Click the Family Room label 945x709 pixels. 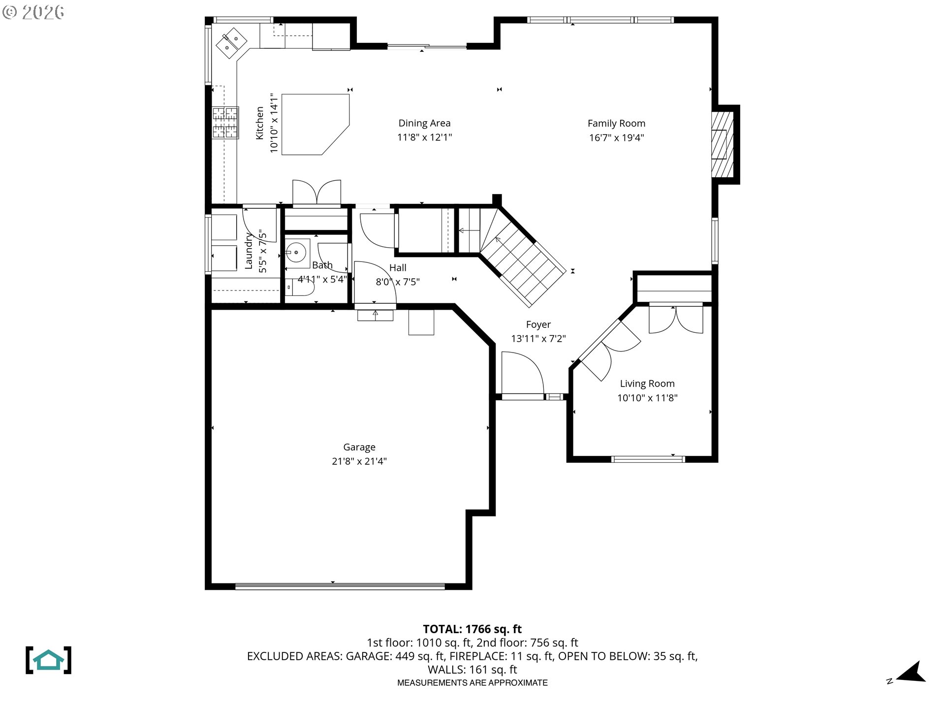616,124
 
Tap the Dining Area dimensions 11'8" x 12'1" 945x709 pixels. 424,137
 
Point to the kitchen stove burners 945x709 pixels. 225,123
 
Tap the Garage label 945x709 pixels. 359,447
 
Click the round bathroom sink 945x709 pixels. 297,253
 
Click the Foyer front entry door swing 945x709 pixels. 523,373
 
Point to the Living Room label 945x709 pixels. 647,384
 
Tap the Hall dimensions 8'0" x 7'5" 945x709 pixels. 397,282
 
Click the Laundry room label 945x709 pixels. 249,251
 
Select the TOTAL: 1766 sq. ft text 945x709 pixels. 472,629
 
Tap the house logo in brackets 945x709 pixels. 48,660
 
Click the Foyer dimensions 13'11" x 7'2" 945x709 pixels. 538,339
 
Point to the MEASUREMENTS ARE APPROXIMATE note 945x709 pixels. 472,683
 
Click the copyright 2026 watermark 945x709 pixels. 33,12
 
